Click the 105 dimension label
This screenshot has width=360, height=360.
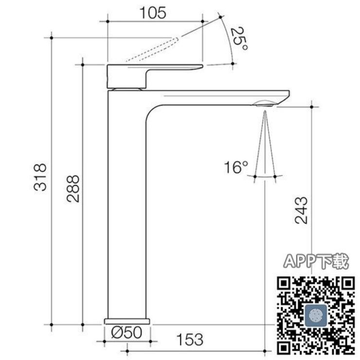[x=153, y=13]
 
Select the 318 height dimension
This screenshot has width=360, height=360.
[x=40, y=177]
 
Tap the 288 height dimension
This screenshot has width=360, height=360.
[x=73, y=189]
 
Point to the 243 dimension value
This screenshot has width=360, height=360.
[x=301, y=210]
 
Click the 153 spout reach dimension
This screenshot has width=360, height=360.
[x=190, y=340]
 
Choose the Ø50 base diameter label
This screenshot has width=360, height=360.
[x=126, y=332]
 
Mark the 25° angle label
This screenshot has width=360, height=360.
[x=239, y=38]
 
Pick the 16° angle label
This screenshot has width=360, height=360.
[x=236, y=167]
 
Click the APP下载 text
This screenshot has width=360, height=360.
[x=316, y=261]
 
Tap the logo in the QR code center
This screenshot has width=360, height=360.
[x=316, y=315]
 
